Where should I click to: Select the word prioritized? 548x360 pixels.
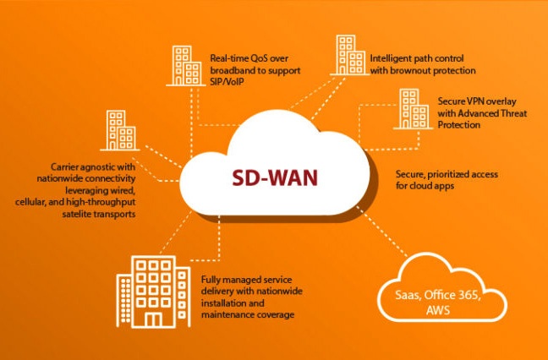(x=451, y=174)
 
